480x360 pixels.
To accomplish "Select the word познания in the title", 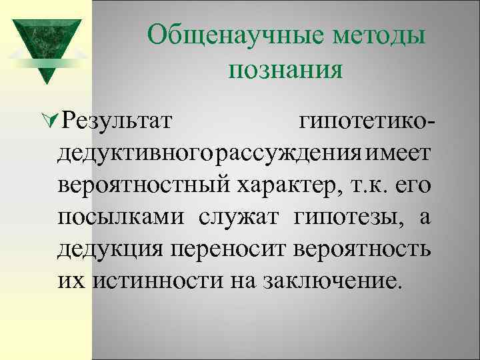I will [x=286, y=69].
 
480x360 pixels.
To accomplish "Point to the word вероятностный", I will [x=145, y=185].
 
